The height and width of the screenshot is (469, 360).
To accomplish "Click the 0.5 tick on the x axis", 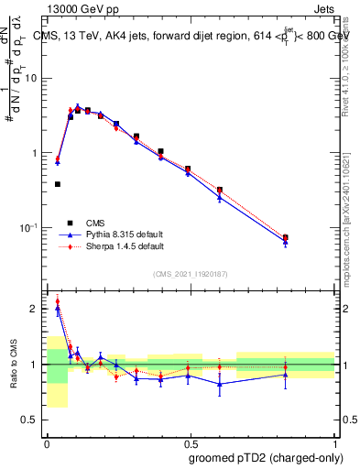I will [191, 442].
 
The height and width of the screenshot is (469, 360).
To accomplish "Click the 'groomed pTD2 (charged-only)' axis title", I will [263, 457].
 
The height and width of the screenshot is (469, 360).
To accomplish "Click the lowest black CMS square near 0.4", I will [58, 184].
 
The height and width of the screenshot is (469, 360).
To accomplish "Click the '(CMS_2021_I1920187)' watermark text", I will [190, 274].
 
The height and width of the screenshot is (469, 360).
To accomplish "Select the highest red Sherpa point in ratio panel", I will [58, 301].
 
